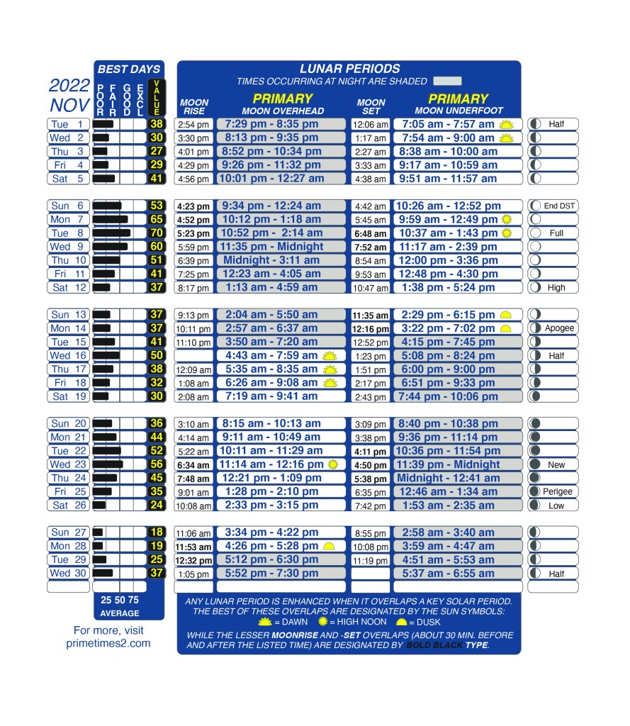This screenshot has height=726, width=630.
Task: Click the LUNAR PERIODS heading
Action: [349, 69]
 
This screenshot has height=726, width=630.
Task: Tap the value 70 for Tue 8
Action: [157, 233]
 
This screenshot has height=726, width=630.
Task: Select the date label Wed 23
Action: [67, 464]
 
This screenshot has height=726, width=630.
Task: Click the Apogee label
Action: [560, 328]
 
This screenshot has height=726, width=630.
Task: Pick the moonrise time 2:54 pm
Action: [193, 125]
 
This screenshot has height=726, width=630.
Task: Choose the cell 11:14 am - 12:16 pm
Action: [271, 464]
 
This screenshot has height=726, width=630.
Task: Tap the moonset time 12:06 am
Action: [371, 125]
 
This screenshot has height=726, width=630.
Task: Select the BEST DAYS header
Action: [129, 69]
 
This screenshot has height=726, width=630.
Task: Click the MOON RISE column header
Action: [193, 107]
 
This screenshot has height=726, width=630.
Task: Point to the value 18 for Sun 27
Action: [157, 532]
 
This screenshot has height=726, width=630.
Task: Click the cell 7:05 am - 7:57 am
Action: [448, 124]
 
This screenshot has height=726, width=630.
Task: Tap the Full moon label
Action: [556, 233]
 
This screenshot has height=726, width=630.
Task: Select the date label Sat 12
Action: [67, 287]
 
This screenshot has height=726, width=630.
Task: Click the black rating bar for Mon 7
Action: [110, 219]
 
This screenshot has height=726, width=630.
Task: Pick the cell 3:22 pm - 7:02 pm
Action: [448, 328]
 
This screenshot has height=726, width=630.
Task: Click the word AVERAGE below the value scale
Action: [120, 613]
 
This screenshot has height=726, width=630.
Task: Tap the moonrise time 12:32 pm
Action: [193, 560]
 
